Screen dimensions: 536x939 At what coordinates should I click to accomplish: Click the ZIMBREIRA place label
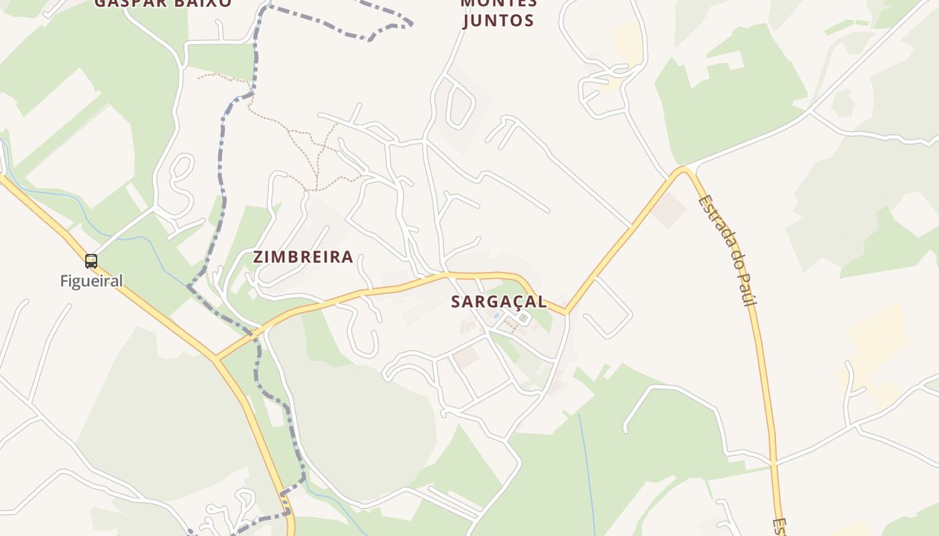(303, 257)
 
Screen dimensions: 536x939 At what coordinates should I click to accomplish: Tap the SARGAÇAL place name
(498, 301)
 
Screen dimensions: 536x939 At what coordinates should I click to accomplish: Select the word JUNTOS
(498, 20)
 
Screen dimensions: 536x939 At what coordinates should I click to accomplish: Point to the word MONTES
(498, 3)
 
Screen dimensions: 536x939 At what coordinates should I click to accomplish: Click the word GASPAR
(125, 3)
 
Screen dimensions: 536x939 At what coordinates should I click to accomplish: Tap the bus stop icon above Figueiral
(91, 261)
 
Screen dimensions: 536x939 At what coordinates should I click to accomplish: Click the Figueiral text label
(91, 281)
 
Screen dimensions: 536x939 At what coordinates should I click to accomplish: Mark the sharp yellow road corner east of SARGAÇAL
(566, 312)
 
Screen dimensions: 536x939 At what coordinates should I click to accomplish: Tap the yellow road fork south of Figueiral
(216, 358)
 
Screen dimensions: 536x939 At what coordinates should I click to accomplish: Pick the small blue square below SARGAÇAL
(496, 315)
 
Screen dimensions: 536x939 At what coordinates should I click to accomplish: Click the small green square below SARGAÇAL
(523, 319)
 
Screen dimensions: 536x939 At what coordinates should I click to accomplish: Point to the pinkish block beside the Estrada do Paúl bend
(669, 210)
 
